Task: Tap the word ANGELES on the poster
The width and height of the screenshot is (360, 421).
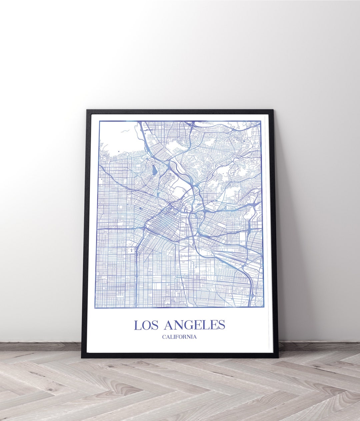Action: tap(195, 325)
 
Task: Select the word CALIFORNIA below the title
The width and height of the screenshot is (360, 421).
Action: tap(179, 337)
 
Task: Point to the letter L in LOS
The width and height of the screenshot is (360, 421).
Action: tap(137, 325)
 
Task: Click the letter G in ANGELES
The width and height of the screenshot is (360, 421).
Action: tap(190, 325)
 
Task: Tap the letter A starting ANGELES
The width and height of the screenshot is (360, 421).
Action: tap(169, 325)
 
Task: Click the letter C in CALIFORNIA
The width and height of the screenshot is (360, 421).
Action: tap(164, 337)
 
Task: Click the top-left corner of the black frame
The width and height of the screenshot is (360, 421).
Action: tap(87, 110)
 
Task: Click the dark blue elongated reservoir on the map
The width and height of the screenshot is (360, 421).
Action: tap(154, 170)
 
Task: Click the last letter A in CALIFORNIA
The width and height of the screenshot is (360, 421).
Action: tap(195, 337)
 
